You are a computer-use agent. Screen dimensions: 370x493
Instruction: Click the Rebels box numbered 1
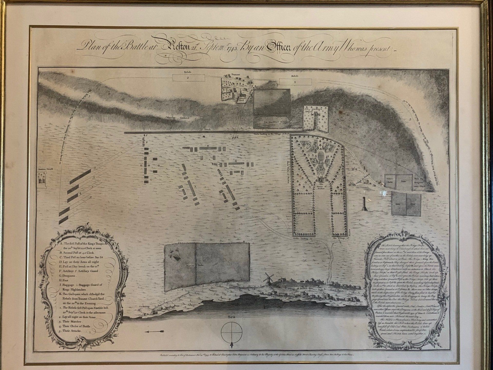tap(296, 82)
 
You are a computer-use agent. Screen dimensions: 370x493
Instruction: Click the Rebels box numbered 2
tap(188, 78)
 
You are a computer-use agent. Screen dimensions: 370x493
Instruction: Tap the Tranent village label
tap(235, 74)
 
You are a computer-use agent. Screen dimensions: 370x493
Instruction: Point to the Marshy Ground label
tap(177, 118)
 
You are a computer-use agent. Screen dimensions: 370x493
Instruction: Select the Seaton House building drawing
tap(41, 178)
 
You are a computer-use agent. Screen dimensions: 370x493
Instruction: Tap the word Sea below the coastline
tap(232, 317)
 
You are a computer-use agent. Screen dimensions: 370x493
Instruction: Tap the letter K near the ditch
tap(238, 137)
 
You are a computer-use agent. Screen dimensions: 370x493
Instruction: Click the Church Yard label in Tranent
tap(243, 99)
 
